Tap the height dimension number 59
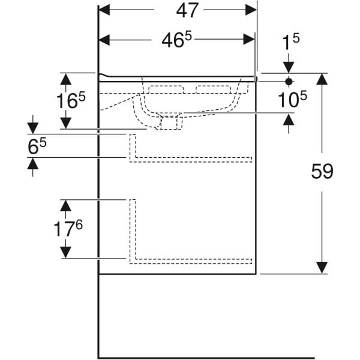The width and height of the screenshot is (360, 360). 322,172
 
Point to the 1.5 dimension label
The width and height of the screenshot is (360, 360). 291,42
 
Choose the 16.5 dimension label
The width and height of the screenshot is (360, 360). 67,100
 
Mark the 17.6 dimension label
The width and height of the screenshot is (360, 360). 67,229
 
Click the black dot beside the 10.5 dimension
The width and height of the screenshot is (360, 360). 289,81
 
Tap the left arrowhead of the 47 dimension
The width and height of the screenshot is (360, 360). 104,10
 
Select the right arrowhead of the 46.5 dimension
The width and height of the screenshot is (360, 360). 249,40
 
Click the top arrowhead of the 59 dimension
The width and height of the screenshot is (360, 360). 322,79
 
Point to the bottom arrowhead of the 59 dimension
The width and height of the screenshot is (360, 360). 322,268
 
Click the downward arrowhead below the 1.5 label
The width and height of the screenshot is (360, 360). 289,67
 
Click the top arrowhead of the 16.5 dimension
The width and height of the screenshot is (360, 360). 65,78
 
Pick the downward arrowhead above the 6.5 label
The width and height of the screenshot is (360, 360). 32,127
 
